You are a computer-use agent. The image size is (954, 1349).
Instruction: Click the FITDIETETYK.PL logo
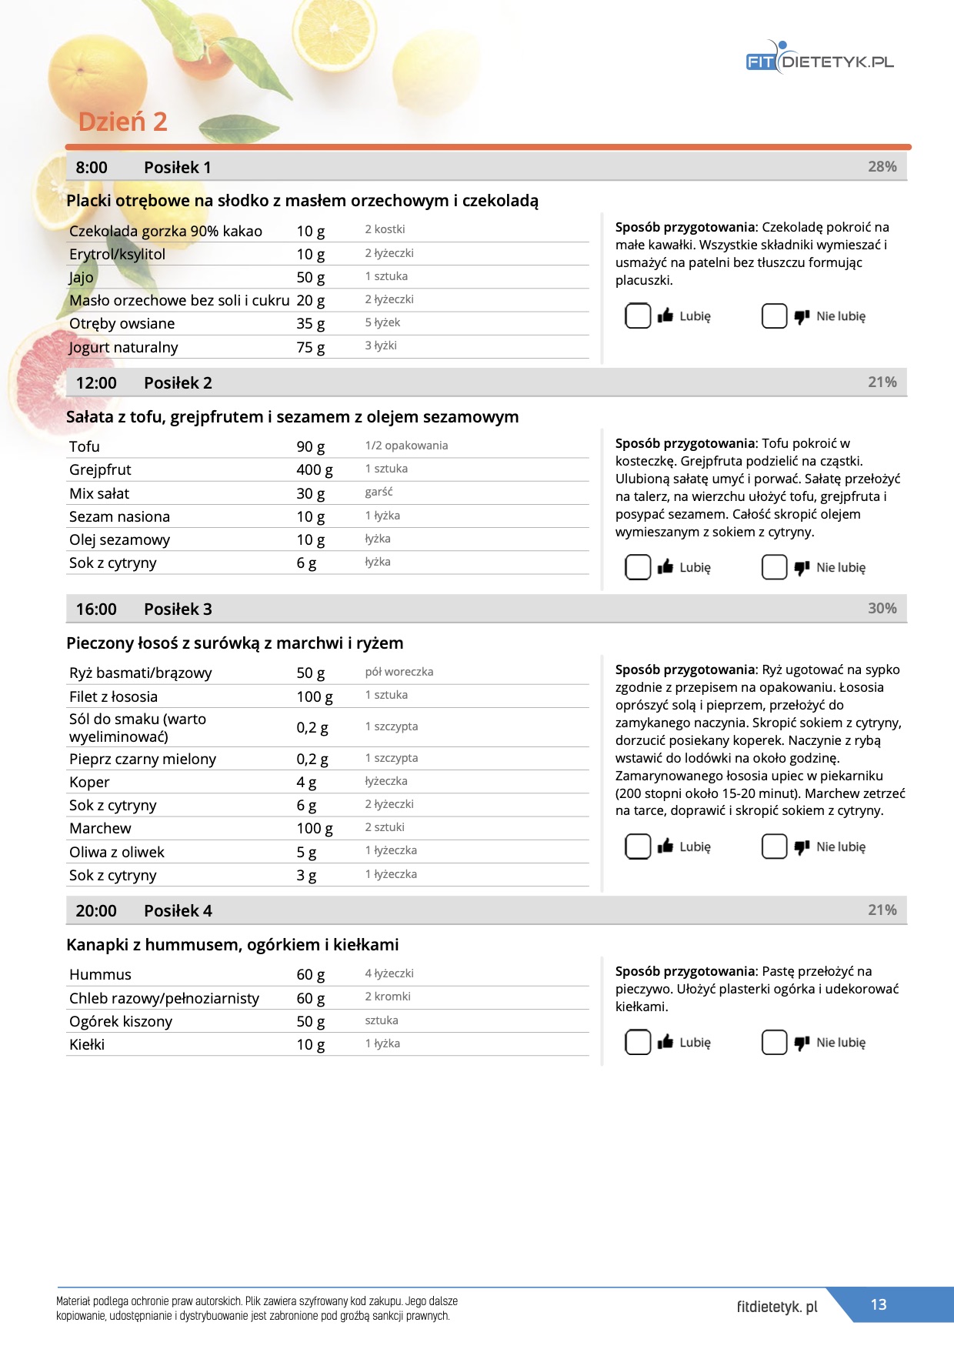(x=819, y=60)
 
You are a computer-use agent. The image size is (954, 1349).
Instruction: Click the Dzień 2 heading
(x=122, y=122)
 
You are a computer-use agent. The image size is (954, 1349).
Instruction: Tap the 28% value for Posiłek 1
(x=882, y=167)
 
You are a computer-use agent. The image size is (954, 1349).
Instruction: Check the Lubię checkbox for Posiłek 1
(x=638, y=316)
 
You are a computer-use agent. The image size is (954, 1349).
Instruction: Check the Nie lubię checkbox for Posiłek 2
(x=774, y=567)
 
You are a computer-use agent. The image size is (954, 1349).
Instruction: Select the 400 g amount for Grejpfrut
(x=314, y=469)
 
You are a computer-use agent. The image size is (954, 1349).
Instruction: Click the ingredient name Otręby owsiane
(x=122, y=324)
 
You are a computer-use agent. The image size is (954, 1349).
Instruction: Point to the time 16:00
(x=96, y=609)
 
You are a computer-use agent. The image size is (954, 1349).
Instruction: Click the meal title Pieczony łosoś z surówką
(x=235, y=643)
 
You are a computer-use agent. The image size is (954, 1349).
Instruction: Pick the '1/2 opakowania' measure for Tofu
(x=406, y=446)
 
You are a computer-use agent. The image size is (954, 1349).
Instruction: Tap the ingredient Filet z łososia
(x=113, y=696)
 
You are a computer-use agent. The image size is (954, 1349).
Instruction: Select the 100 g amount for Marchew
(x=314, y=829)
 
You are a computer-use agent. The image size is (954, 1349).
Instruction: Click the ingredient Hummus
(x=100, y=975)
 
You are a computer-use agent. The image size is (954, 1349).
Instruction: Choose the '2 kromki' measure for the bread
(x=388, y=997)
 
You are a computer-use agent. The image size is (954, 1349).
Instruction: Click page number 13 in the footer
(x=879, y=1304)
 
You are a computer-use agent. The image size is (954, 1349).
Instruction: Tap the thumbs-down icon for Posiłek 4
(x=802, y=1043)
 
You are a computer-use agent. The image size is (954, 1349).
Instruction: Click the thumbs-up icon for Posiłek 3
(x=665, y=846)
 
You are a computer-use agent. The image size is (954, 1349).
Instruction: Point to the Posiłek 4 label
(x=178, y=911)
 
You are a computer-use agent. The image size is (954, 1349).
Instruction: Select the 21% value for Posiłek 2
(x=882, y=382)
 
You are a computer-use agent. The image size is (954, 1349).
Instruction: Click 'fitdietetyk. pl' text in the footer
(x=777, y=1307)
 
